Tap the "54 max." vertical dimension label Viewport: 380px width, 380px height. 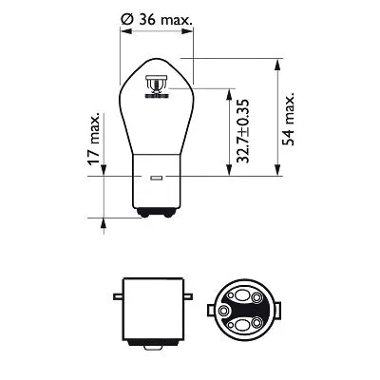tap(288, 119)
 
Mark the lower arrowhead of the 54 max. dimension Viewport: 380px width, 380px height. tap(277, 174)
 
